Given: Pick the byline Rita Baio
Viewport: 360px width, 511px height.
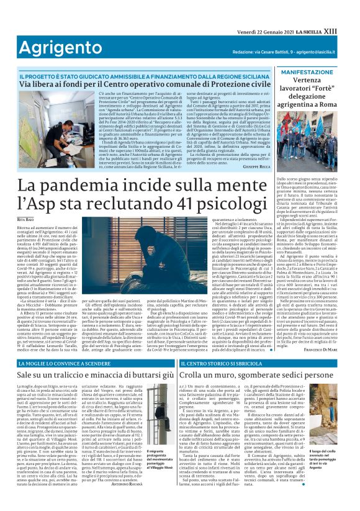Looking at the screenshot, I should click(26, 220).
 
